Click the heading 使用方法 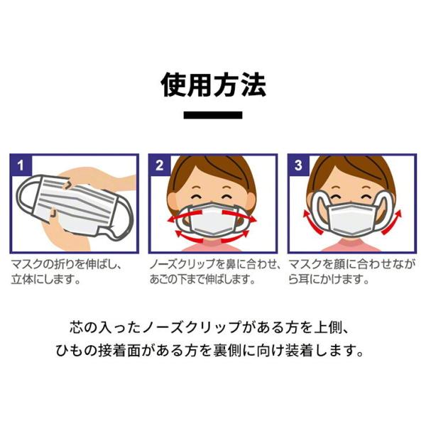click(x=213, y=85)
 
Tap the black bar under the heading click(x=213, y=115)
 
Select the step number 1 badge click(x=21, y=165)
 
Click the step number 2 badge click(x=160, y=165)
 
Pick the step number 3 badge click(x=299, y=165)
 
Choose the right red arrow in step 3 click(x=392, y=223)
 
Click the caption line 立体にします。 click(x=45, y=280)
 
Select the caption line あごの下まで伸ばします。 click(x=202, y=280)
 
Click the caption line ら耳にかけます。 click(x=328, y=280)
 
